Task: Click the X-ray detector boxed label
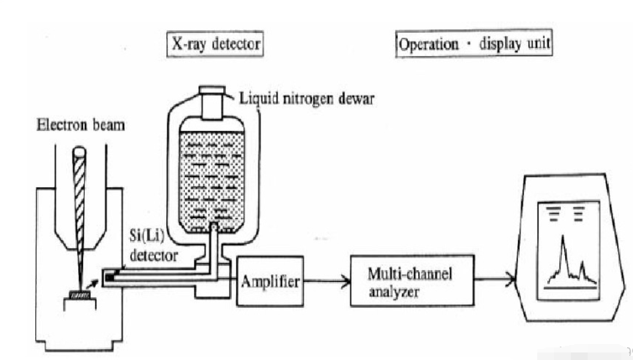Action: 212,43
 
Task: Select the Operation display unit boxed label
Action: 473,43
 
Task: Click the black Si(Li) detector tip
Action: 109,275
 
